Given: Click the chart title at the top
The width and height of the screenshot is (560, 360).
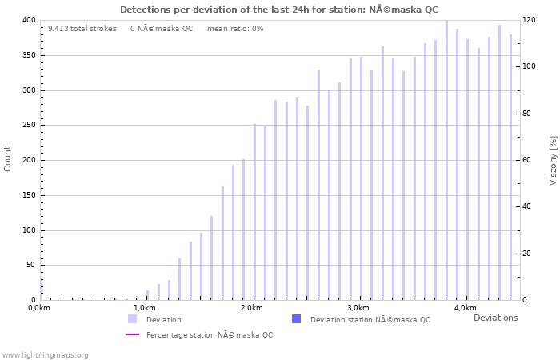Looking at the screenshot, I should [x=279, y=10].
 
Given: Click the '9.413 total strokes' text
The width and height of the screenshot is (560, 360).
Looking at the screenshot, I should [x=82, y=29].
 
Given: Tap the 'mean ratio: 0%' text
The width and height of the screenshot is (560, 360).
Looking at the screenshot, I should [x=235, y=29].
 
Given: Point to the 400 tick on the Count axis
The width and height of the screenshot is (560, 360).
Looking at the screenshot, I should [x=28, y=20].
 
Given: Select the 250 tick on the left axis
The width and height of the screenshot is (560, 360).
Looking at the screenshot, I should [x=28, y=126].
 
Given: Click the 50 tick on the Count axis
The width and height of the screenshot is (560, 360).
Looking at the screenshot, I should [x=30, y=266].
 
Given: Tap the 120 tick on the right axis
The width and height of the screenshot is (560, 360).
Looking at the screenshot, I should [x=529, y=20].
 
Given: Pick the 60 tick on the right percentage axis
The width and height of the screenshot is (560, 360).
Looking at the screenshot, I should [x=526, y=160].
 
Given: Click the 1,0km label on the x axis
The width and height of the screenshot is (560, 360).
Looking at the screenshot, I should [x=145, y=308].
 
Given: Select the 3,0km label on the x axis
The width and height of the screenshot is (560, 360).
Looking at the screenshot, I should [x=358, y=308].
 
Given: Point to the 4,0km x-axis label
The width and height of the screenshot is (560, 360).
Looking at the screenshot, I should [x=465, y=308].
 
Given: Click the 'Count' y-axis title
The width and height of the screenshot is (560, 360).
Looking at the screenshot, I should [x=8, y=158].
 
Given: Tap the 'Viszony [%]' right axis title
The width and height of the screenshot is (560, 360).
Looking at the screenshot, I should [x=553, y=160].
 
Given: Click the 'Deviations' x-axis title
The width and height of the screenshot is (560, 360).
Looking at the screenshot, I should [x=495, y=318].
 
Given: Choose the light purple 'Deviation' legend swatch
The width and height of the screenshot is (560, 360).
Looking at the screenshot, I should [x=132, y=319].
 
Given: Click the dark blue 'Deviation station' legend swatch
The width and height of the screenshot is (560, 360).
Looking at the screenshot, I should [x=296, y=319].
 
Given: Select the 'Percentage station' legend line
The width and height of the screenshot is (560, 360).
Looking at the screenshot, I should [x=132, y=334].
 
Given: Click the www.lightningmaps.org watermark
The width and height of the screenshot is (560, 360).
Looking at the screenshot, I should [x=46, y=354].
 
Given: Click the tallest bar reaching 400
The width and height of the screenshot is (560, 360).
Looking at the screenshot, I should [x=446, y=160].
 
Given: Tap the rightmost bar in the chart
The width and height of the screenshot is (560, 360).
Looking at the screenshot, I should [x=510, y=167].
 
